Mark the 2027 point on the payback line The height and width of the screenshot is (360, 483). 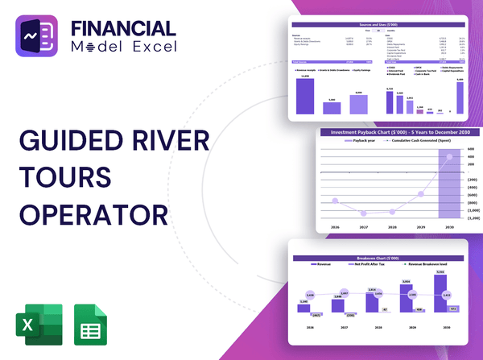[365, 213]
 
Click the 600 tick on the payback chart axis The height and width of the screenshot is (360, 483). [470, 149]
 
